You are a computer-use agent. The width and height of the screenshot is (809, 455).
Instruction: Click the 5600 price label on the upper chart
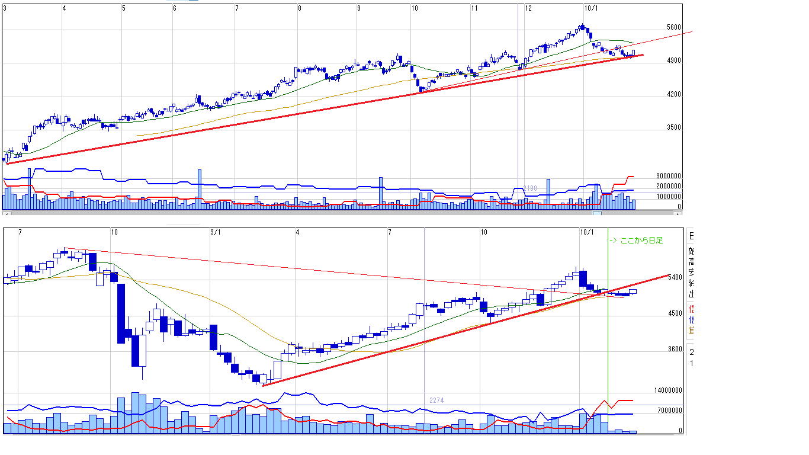click(673, 27)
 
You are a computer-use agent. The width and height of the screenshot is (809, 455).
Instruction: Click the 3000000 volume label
click(669, 176)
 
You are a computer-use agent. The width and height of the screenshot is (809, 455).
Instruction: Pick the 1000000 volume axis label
click(669, 196)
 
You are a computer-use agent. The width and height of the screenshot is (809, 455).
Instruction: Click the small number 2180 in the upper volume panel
click(529, 188)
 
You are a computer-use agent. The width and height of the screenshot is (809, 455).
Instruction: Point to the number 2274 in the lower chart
click(436, 400)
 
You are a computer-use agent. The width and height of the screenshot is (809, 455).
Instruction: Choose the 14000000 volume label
click(668, 391)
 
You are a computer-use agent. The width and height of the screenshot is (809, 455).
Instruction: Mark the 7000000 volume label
click(670, 411)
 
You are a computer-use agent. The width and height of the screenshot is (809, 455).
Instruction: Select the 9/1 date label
click(215, 232)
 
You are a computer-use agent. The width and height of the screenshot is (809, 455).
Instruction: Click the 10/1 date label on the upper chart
click(590, 8)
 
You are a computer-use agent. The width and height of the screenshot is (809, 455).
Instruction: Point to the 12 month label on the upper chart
click(528, 8)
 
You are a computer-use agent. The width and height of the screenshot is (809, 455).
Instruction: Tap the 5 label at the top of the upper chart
click(123, 8)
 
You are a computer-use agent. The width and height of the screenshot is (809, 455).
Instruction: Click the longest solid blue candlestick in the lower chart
click(121, 313)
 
